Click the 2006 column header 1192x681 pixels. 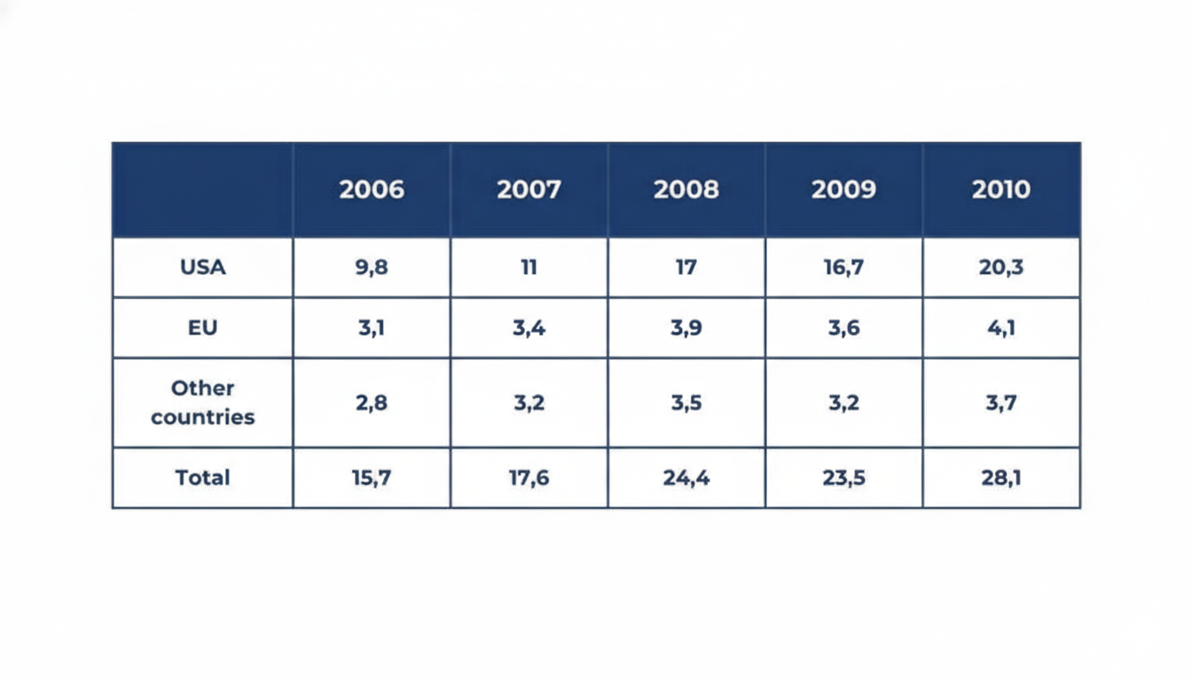pos(372,190)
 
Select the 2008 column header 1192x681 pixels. pos(686,190)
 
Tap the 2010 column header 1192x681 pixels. pos(1001,190)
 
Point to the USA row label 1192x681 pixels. pos(203,267)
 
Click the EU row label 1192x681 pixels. pos(203,328)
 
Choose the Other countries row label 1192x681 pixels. pos(203,403)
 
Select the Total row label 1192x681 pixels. pos(203,478)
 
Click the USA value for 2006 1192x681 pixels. pos(372,267)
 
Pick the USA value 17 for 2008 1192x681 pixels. pos(686,267)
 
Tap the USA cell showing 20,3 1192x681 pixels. pos(1001,267)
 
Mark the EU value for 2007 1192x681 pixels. pos(529,328)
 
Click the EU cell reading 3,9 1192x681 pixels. pos(686,328)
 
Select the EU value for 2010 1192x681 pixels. pos(1001,328)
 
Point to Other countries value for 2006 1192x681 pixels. pos(372,403)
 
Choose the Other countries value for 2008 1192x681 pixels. pos(686,403)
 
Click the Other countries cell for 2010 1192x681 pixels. pos(1001,403)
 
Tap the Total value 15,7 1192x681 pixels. pos(372,478)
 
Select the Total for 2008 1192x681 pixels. pos(686,478)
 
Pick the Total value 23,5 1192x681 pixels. pos(843,478)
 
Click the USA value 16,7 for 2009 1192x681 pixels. pos(843,267)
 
